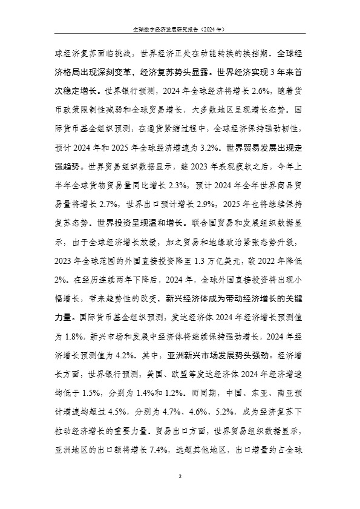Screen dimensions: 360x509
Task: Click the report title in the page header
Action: click(x=180, y=28)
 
